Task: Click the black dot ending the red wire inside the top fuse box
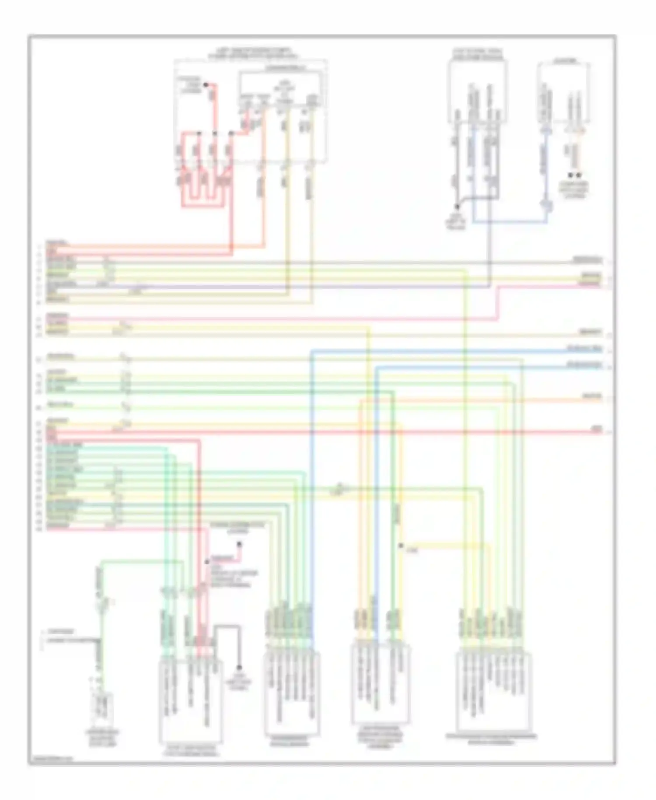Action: tap(206, 84)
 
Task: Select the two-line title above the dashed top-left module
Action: tap(251, 53)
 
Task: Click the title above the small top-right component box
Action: tap(564, 61)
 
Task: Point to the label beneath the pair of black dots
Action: tap(573, 189)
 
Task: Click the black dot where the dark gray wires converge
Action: tap(457, 206)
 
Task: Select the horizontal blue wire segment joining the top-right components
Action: tap(510, 222)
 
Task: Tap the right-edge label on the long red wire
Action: tap(597, 431)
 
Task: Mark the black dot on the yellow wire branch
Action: tap(401, 545)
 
